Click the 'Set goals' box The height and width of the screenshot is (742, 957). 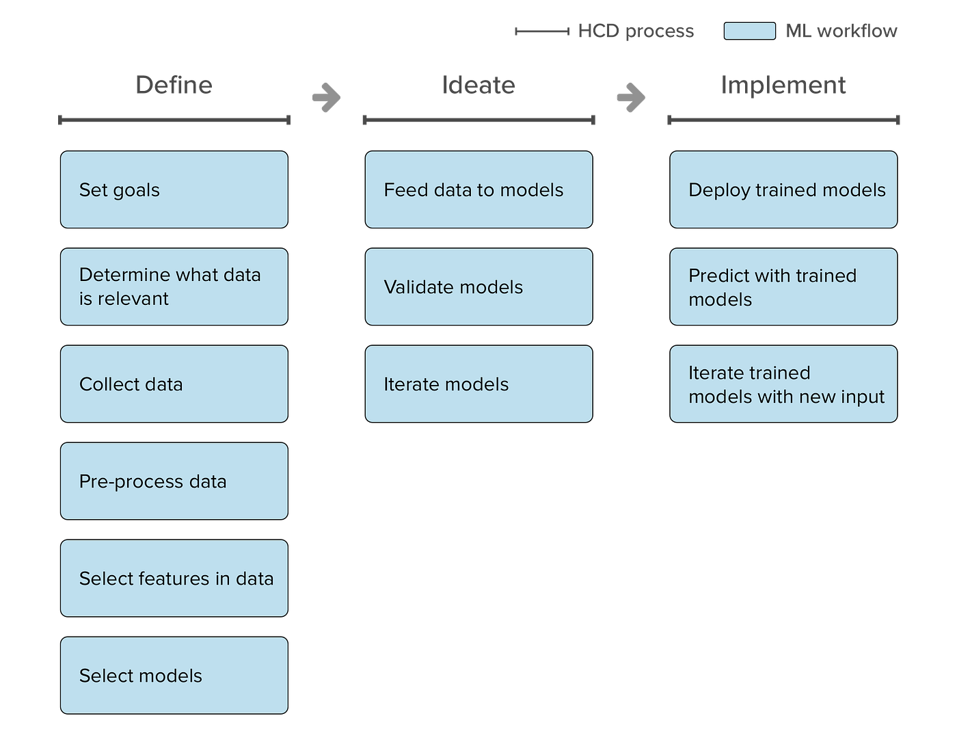pyautogui.click(x=174, y=189)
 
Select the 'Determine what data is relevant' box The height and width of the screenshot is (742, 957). pyautogui.click(x=174, y=287)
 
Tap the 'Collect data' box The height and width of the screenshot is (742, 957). pyautogui.click(x=174, y=384)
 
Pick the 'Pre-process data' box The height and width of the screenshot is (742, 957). pyautogui.click(x=174, y=481)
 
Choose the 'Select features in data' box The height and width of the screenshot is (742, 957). pyautogui.click(x=174, y=578)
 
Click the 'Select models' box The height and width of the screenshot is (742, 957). pyautogui.click(x=174, y=675)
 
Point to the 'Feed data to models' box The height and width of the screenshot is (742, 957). pyautogui.click(x=478, y=189)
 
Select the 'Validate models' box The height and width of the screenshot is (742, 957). pyautogui.click(x=478, y=287)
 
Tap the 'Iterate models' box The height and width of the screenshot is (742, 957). pyautogui.click(x=478, y=384)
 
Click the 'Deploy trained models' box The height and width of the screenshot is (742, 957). pyautogui.click(x=783, y=189)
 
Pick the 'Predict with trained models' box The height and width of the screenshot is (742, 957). pyautogui.click(x=783, y=287)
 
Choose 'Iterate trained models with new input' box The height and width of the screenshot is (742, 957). pyautogui.click(x=783, y=384)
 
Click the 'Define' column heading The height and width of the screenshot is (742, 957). pyautogui.click(x=174, y=85)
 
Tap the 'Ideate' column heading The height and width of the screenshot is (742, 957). pyautogui.click(x=478, y=85)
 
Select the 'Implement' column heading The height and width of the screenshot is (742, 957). pyautogui.click(x=783, y=85)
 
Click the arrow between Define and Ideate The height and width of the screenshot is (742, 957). pyautogui.click(x=326, y=97)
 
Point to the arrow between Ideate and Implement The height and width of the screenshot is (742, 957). pyautogui.click(x=631, y=97)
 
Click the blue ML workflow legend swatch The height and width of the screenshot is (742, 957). pyautogui.click(x=750, y=31)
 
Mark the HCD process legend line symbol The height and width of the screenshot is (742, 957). pyautogui.click(x=541, y=31)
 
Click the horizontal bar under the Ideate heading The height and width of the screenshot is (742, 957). pyautogui.click(x=478, y=120)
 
